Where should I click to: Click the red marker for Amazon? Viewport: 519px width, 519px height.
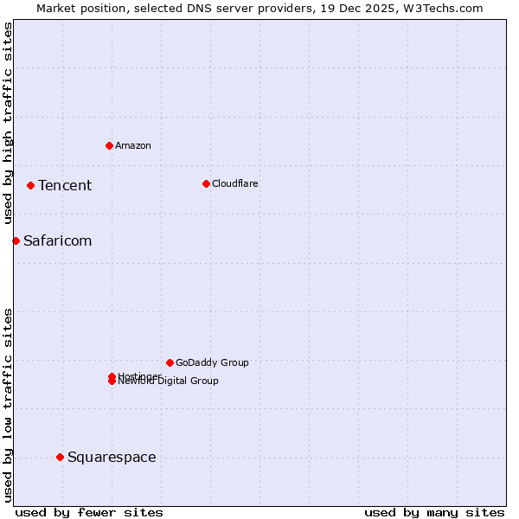[x=109, y=145]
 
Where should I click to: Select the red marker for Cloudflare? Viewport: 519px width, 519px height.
[x=206, y=183]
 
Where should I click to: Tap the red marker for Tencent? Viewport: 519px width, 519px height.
[x=30, y=185]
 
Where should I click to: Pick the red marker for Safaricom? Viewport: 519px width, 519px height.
[x=16, y=240]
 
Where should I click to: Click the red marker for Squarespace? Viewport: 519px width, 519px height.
[x=60, y=457]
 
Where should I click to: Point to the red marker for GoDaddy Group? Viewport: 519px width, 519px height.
[x=170, y=362]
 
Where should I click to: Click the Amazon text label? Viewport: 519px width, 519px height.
[x=133, y=145]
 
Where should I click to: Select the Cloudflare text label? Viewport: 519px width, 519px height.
[x=235, y=183]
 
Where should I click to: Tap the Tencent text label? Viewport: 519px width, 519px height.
[x=65, y=185]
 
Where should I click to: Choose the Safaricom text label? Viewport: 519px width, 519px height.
[x=57, y=240]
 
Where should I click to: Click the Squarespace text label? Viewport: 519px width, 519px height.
[x=112, y=457]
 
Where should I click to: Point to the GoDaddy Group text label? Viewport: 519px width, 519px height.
[x=212, y=362]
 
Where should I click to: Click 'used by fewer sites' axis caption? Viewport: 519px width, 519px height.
[x=89, y=512]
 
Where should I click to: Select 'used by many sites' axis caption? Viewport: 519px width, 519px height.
[x=434, y=512]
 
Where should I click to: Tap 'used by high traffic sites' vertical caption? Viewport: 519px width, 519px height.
[x=8, y=124]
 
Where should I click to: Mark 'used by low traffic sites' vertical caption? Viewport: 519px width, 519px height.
[x=8, y=405]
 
